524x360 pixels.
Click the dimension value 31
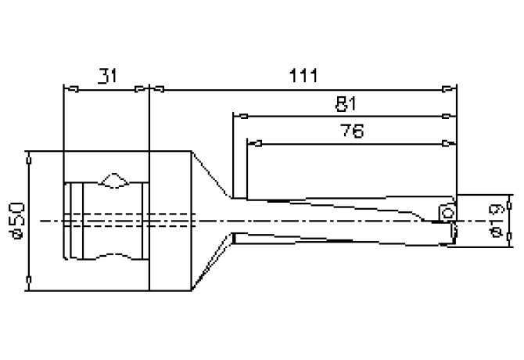(x=106, y=77)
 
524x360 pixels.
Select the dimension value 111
(x=301, y=76)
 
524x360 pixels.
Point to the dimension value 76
(x=351, y=131)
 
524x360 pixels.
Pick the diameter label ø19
(x=494, y=221)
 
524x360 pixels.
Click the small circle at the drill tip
(x=447, y=213)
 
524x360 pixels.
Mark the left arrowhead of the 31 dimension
(x=69, y=88)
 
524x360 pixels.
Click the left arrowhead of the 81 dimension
(x=239, y=117)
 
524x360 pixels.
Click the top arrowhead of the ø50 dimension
(x=28, y=157)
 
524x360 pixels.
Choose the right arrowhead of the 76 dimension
(x=448, y=142)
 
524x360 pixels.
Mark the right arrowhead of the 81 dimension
(x=448, y=117)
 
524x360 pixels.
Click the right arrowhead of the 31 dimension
(x=142, y=88)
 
